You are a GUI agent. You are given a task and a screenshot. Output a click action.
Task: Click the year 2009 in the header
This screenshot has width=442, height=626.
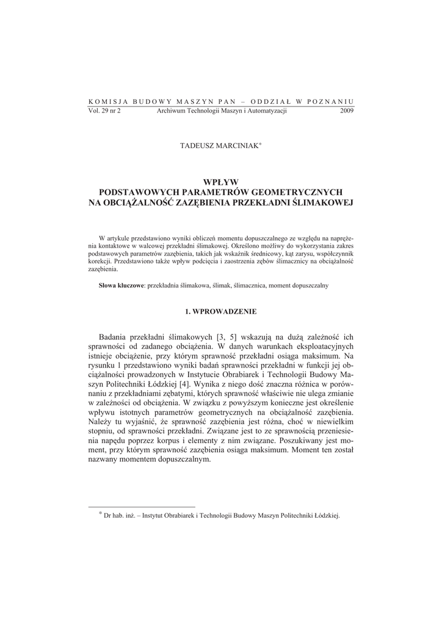coord(346,111)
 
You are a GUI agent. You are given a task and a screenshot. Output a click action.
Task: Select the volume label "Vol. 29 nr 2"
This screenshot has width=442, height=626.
coord(105,111)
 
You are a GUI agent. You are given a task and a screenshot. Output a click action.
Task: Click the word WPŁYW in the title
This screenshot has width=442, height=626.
coord(221,182)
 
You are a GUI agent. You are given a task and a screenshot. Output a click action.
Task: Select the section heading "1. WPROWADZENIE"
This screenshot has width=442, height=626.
coord(221,311)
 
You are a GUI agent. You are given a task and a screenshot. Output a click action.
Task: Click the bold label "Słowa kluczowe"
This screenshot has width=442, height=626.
coord(121,285)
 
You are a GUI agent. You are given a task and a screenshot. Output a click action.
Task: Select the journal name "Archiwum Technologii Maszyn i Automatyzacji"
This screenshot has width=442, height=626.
coord(222,111)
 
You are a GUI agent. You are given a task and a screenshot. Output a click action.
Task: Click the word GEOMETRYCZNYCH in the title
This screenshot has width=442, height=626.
coord(295,191)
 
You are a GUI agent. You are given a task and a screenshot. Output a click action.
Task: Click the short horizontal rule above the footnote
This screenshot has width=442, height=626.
coord(142,506)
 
